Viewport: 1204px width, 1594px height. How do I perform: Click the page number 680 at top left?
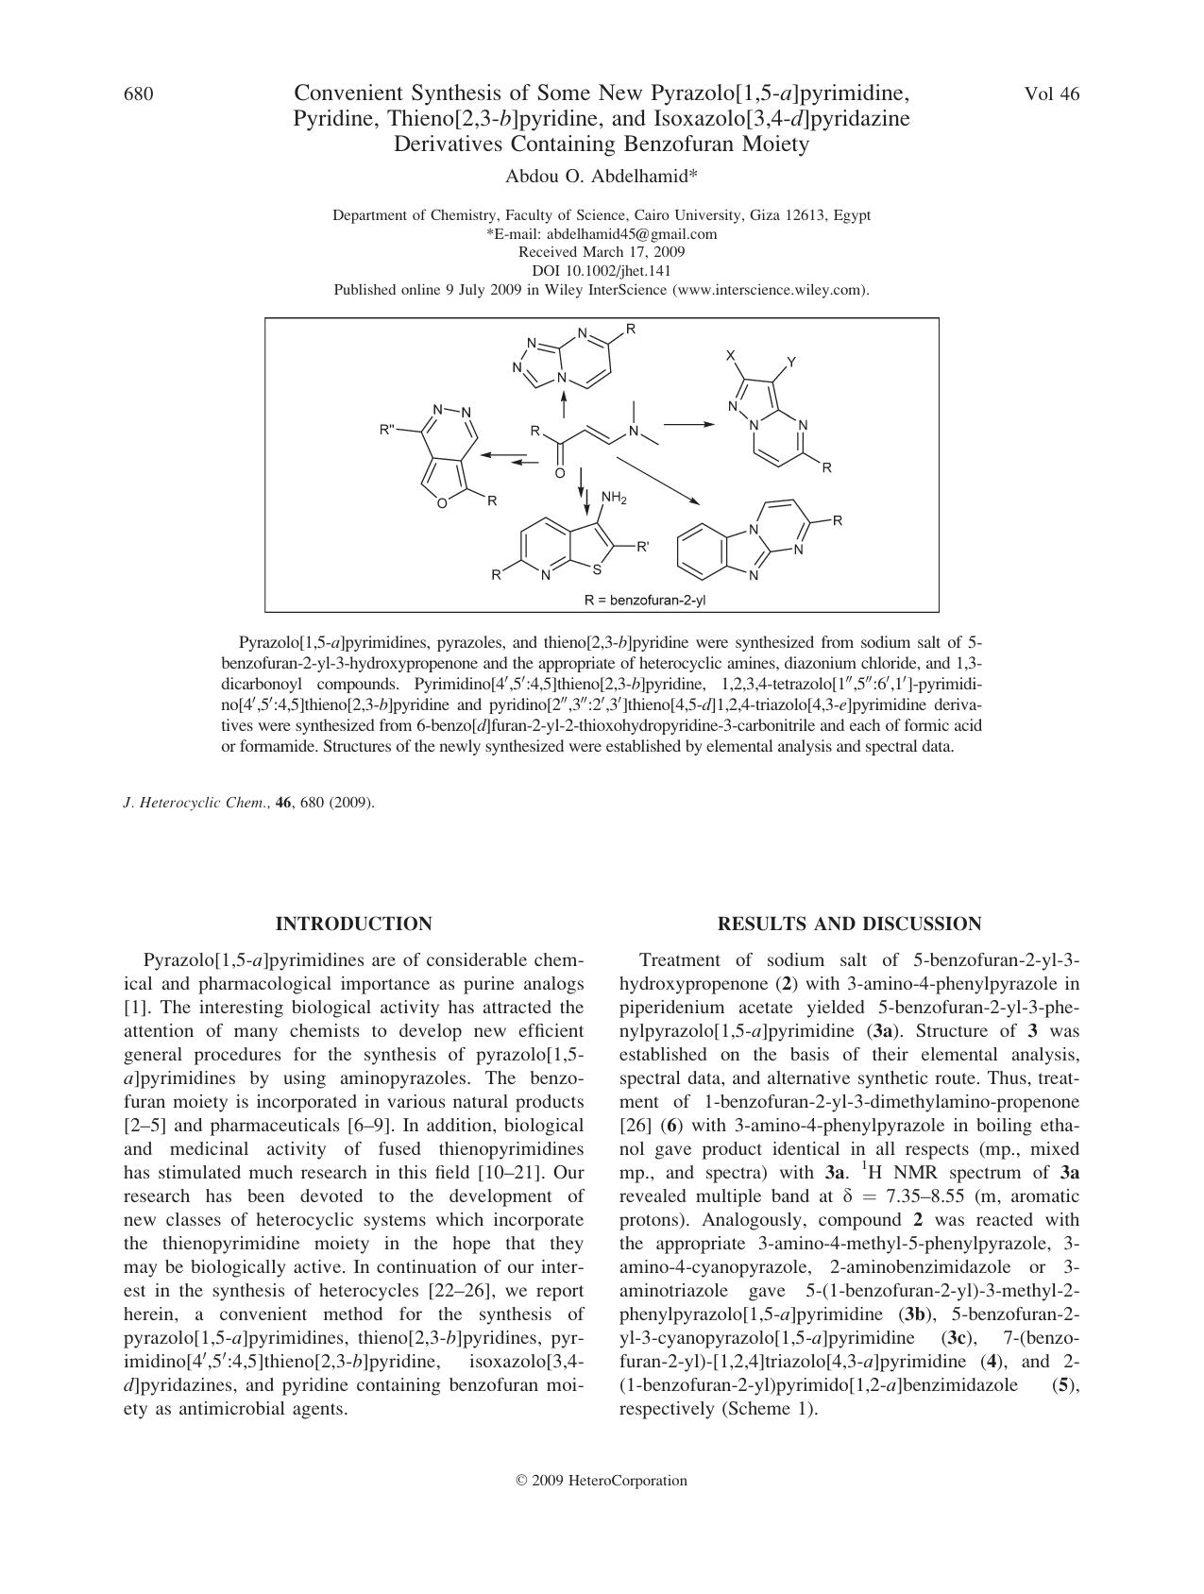pos(139,93)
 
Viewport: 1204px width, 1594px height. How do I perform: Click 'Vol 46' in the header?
pos(1051,93)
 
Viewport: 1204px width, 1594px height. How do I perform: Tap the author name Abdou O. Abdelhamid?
pos(602,177)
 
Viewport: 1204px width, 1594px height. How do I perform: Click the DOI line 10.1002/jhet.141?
pos(602,271)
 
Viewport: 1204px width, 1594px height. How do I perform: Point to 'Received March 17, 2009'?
pos(602,252)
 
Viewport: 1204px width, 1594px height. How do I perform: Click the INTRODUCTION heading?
pos(353,924)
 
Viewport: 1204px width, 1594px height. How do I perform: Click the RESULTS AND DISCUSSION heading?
pos(849,924)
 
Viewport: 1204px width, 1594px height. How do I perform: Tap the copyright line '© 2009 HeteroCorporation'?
pos(602,1480)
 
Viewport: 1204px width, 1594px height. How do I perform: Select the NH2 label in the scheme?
pos(613,498)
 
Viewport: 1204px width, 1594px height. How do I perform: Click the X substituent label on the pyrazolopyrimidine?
pos(730,355)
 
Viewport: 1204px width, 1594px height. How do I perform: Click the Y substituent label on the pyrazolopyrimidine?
pos(791,362)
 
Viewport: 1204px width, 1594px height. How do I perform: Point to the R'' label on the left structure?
pos(387,431)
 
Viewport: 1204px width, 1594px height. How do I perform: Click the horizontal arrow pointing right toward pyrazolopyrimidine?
pos(689,425)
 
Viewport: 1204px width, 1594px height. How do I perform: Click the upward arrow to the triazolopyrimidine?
pos(564,405)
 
